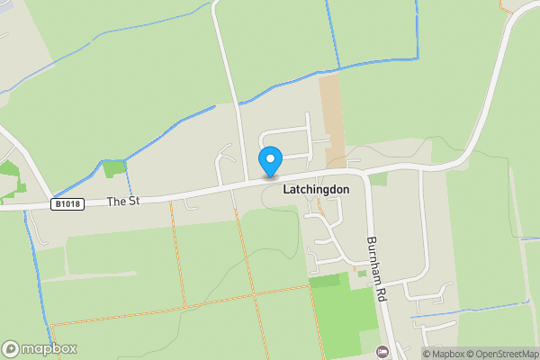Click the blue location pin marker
click(x=270, y=161)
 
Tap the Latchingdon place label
click(x=316, y=191)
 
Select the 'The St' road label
click(x=122, y=202)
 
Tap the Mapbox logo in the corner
click(x=40, y=348)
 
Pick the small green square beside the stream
click(x=114, y=168)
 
